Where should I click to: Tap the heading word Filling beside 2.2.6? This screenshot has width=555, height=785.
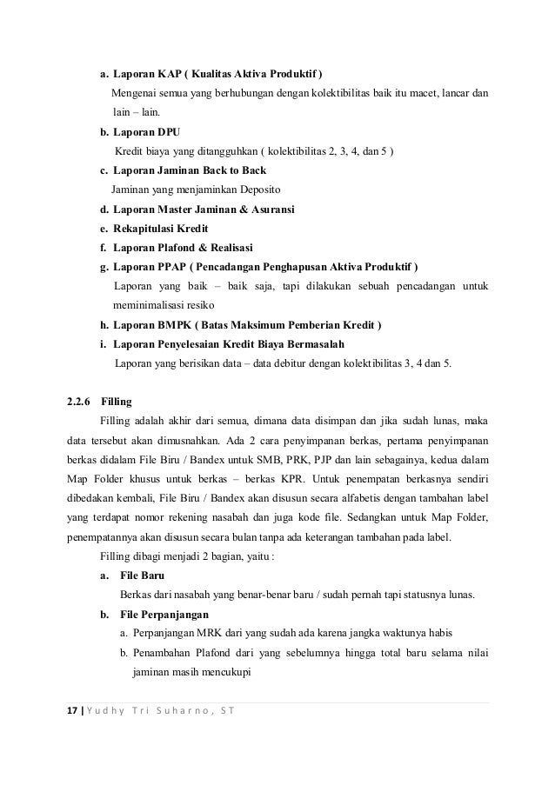pos(117,402)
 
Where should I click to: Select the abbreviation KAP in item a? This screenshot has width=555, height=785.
pos(171,72)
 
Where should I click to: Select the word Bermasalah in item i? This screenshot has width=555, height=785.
pos(317,344)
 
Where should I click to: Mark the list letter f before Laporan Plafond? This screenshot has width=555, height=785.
pos(104,248)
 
